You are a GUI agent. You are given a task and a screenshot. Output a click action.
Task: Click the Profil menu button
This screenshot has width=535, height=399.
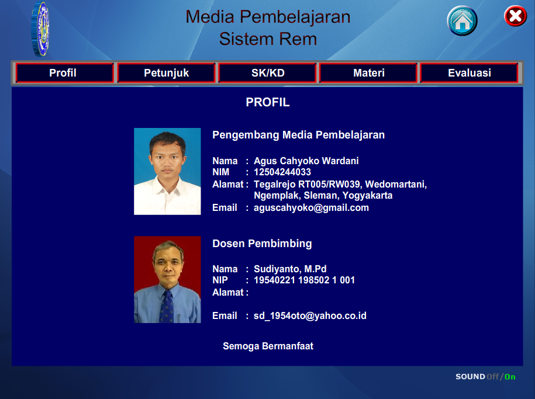(64, 73)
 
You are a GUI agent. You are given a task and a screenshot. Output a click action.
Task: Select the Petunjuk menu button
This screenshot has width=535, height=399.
(167, 73)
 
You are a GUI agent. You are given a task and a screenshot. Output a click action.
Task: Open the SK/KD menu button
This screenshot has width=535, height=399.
(268, 73)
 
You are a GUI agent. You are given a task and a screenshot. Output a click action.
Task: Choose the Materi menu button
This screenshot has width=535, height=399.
(368, 73)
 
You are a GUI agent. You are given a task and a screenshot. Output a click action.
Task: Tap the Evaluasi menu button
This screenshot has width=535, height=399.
(469, 73)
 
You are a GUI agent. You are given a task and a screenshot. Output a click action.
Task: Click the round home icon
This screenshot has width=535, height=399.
(462, 22)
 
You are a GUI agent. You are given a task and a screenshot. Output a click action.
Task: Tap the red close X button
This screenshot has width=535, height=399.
(515, 16)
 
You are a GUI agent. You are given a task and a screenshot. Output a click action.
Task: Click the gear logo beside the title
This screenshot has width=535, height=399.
(40, 29)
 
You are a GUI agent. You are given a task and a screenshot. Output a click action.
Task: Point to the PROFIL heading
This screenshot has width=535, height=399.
(268, 103)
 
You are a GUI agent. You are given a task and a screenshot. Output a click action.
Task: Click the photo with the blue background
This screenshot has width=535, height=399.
(167, 171)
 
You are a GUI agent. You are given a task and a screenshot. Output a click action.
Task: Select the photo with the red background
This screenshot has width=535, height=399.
(167, 279)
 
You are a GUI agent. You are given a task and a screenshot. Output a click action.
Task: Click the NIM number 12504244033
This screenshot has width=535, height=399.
(282, 172)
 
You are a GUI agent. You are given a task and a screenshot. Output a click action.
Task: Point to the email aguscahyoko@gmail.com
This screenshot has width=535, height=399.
(311, 207)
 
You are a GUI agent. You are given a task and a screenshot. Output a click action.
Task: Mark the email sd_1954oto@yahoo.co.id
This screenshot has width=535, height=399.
(310, 316)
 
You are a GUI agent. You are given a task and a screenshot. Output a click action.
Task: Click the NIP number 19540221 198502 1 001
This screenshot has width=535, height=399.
(304, 280)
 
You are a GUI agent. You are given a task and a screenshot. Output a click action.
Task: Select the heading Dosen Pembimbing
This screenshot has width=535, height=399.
(262, 244)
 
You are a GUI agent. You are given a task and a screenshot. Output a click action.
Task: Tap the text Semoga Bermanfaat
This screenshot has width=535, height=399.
(268, 346)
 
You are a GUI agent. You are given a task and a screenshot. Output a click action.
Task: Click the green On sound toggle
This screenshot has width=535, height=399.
(510, 377)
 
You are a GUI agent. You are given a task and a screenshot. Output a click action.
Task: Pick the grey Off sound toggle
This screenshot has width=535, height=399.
(493, 377)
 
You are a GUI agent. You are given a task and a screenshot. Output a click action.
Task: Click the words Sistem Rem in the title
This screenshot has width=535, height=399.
(268, 39)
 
